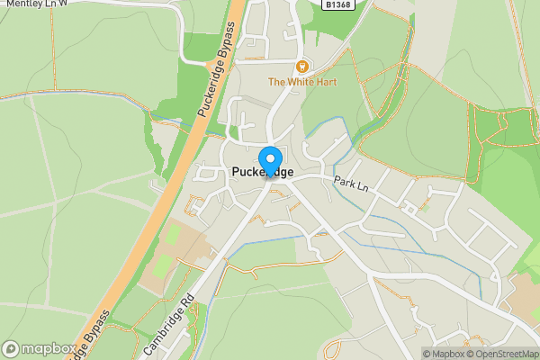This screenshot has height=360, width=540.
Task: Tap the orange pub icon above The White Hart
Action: (x=302, y=66)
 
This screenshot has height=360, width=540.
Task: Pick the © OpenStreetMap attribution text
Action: (x=505, y=354)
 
